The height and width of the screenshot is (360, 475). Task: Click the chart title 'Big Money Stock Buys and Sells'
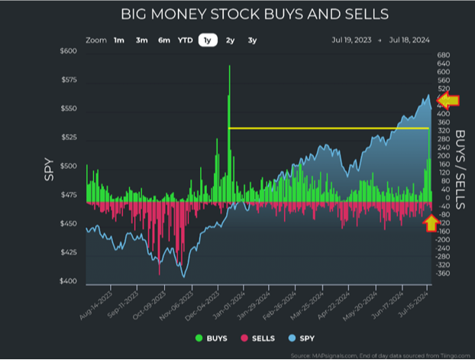(255, 14)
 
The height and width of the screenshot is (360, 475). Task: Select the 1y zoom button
(207, 40)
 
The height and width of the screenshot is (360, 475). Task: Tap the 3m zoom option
(141, 40)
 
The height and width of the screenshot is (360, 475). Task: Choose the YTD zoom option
(186, 40)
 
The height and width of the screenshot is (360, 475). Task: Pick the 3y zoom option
(252, 40)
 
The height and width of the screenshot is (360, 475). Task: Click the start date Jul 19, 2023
(352, 40)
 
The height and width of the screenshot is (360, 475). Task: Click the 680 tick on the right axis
(444, 55)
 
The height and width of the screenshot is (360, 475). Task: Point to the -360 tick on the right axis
(444, 273)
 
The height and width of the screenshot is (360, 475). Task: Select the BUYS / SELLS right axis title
(461, 168)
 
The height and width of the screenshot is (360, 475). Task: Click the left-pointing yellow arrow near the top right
(448, 100)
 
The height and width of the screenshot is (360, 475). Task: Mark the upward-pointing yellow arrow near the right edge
(431, 222)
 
